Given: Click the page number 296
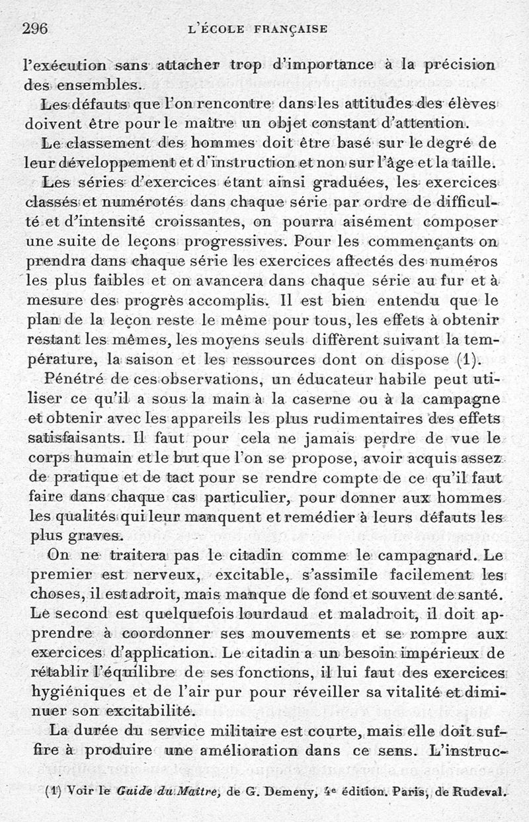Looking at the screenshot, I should point(37,28).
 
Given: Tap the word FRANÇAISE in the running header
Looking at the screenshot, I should point(290,29).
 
